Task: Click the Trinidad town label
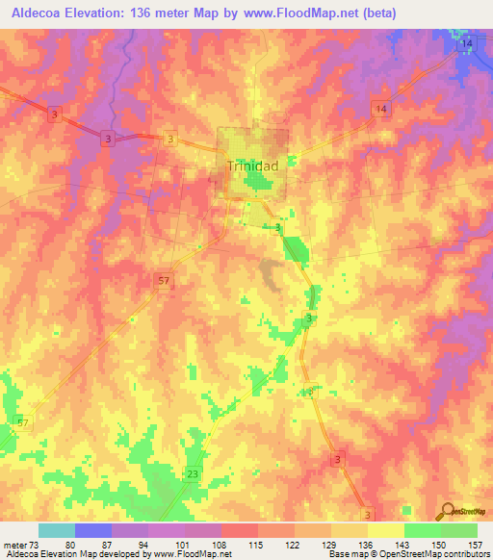click(x=252, y=165)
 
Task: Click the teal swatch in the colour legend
click(x=57, y=530)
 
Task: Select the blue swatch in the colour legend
click(x=93, y=530)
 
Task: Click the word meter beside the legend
click(x=15, y=545)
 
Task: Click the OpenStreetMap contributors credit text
click(x=438, y=554)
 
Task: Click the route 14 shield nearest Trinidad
click(x=382, y=111)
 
